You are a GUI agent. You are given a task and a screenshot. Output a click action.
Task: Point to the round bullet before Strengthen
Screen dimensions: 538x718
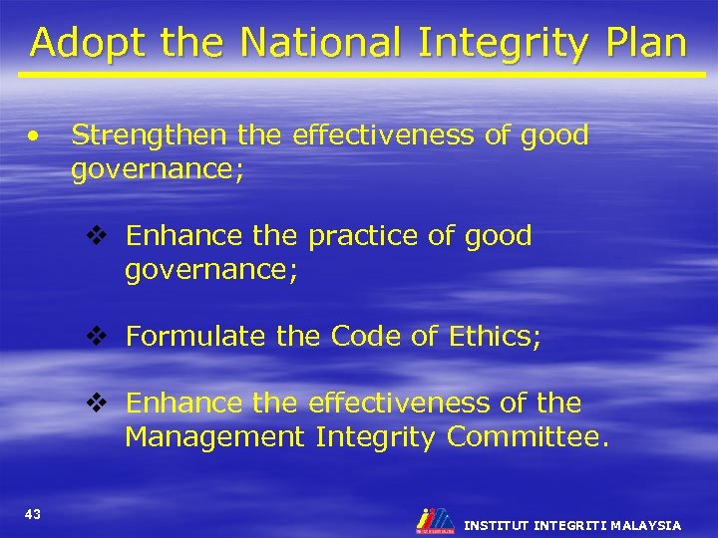35,134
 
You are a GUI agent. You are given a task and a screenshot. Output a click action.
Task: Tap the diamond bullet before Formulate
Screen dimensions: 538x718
96,336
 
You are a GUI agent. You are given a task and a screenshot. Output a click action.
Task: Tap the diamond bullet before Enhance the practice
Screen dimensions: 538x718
96,237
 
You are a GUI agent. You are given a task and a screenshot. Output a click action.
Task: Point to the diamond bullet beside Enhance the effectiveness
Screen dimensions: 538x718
96,403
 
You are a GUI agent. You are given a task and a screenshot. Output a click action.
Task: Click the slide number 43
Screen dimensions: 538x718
32,514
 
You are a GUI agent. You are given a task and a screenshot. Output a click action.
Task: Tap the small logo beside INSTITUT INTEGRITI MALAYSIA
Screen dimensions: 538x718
434,520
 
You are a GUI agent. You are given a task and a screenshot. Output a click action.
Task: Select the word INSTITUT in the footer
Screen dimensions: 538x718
497,525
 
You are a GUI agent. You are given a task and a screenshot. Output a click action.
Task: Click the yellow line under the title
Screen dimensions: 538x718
359,75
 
